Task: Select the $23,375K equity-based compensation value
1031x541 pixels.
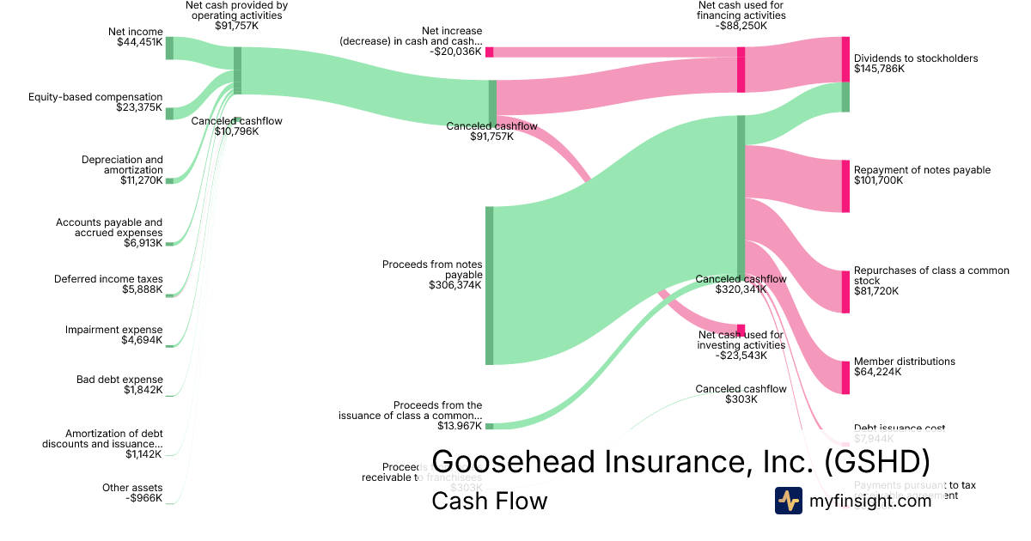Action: coord(139,107)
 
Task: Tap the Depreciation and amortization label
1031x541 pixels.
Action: coord(122,165)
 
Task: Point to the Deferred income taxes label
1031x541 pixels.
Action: coord(108,279)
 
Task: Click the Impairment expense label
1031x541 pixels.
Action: coord(114,330)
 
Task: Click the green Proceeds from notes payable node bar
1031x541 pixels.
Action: coord(490,285)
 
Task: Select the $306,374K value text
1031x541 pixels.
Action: coord(455,285)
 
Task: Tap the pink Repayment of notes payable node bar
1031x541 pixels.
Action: coord(845,185)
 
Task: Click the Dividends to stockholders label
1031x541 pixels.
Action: coord(916,58)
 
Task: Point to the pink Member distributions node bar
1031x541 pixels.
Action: coord(845,377)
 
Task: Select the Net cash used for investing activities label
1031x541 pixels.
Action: coord(741,340)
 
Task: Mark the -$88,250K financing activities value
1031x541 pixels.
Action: coord(741,27)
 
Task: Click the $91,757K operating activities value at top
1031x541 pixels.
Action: coord(236,27)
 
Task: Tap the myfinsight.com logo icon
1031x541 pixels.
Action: coord(789,501)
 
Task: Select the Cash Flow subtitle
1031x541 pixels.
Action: coord(489,501)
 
